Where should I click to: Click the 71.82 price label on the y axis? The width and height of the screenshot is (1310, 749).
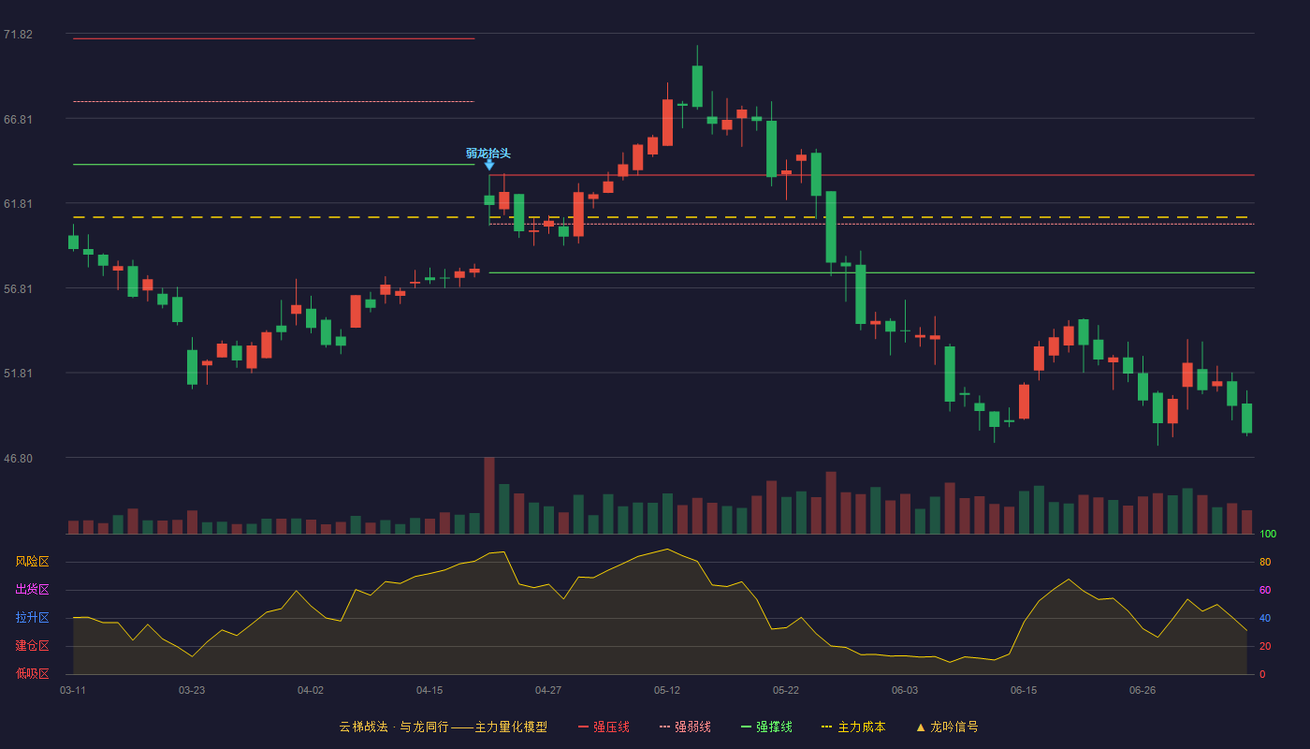pos(18,35)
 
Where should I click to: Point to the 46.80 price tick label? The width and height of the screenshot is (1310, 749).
pos(18,458)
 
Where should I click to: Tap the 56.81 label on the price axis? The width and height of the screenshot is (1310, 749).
pos(18,289)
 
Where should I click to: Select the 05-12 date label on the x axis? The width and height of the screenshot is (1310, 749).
pos(666,691)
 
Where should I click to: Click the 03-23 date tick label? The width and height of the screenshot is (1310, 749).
pos(192,691)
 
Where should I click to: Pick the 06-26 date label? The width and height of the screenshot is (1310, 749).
pos(1143,691)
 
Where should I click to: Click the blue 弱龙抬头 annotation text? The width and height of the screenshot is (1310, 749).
pos(488,154)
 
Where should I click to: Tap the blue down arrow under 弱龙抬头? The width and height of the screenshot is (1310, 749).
pos(489,165)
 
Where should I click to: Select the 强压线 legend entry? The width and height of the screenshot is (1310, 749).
pos(604,727)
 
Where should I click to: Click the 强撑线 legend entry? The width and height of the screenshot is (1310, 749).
pos(766,727)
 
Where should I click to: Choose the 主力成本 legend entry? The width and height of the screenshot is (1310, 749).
pos(853,727)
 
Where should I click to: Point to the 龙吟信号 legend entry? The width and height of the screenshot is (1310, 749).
pos(947,727)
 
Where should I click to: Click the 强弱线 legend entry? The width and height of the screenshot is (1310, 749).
pos(685,727)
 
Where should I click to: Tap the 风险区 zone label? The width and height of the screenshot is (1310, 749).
pos(32,562)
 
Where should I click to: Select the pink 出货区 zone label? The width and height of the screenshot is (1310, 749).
pos(32,589)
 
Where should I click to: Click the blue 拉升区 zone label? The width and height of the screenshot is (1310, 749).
pos(32,617)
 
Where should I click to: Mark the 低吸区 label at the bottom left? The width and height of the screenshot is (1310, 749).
pos(32,673)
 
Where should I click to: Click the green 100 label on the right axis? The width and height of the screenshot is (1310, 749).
pos(1268,534)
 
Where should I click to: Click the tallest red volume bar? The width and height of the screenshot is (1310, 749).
pos(489,495)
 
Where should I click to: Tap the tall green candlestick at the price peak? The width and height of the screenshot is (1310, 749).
pos(697,86)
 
